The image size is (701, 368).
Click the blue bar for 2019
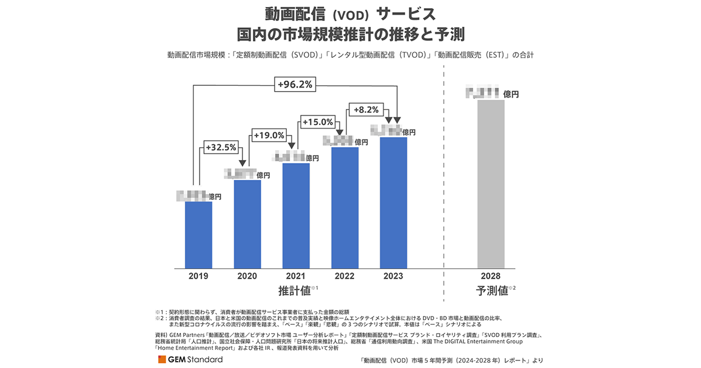click(199, 235)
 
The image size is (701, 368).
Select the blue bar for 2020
click(247, 224)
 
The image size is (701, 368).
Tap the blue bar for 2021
click(296, 216)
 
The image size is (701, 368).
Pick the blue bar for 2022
click(345, 208)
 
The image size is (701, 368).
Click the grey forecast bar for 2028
click(491, 185)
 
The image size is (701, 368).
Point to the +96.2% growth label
click(295, 85)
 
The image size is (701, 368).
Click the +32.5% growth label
click(221, 148)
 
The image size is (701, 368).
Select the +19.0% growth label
click(269, 135)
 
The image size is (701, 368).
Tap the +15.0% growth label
click(318, 122)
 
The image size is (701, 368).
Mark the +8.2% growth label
click(366, 109)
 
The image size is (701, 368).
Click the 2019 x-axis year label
click(199, 276)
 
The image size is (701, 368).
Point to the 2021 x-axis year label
click(296, 276)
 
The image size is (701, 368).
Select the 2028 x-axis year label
click(491, 276)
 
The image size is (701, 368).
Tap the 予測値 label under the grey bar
click(491, 290)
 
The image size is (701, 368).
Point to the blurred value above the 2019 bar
click(192, 196)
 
